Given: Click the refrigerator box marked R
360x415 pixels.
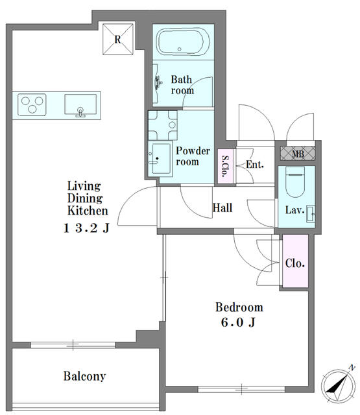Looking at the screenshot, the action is click(x=118, y=39).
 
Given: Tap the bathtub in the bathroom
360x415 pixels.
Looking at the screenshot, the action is click(x=183, y=41).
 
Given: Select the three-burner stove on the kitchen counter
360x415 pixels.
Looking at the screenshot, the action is click(x=32, y=104).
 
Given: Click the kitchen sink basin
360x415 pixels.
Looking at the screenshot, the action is click(x=80, y=105).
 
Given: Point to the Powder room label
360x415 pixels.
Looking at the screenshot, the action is click(x=193, y=156).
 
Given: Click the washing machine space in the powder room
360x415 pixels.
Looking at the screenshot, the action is click(x=163, y=125).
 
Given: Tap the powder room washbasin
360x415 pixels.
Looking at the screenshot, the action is click(x=160, y=159).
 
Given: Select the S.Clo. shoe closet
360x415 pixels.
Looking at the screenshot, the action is click(x=225, y=166).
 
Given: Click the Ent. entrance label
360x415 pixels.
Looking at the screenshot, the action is click(x=255, y=164).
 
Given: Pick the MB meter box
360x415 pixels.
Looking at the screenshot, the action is click(x=298, y=153).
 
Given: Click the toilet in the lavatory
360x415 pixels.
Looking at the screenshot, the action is click(x=295, y=182).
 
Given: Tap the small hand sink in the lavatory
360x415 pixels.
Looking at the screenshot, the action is click(x=311, y=213).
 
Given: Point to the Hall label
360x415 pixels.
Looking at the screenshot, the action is click(x=222, y=207).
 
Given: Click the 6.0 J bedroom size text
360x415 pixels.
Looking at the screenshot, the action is click(x=238, y=322).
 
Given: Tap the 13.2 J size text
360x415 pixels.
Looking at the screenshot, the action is click(x=86, y=228).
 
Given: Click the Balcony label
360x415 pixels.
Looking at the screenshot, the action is click(x=84, y=376).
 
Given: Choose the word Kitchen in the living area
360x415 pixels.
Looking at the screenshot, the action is click(x=88, y=211).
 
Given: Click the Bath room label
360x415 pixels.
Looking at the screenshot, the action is click(x=182, y=85).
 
